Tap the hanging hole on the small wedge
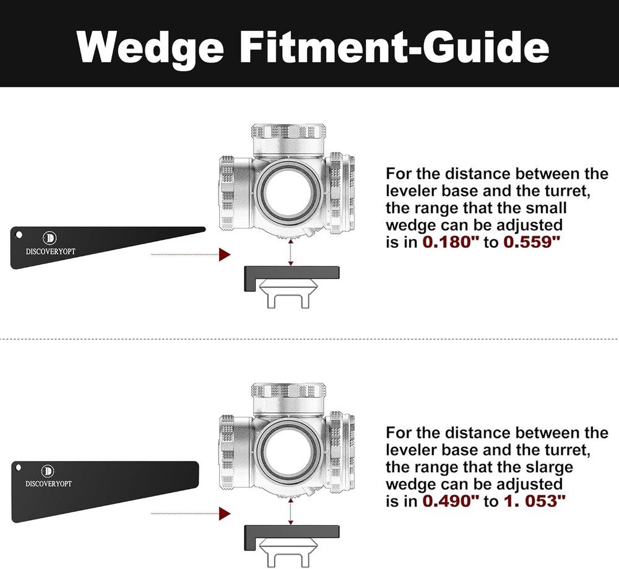[19, 234]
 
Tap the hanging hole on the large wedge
[19, 469]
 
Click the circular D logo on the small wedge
[48, 238]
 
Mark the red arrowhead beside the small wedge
[225, 255]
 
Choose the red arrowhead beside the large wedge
[225, 513]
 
